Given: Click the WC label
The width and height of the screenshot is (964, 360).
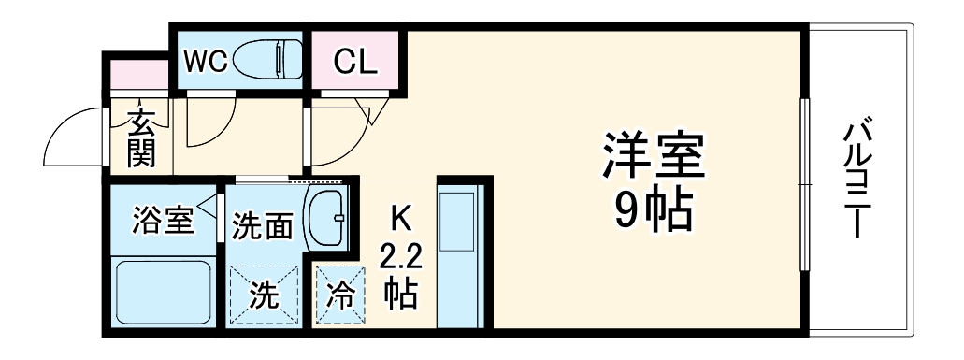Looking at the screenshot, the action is point(205,61).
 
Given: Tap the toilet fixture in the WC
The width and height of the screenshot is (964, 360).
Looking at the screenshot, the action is point(266,62).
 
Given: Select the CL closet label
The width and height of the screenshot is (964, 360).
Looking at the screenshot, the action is point(355,62).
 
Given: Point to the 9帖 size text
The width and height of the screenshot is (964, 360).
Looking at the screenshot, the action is point(654,212).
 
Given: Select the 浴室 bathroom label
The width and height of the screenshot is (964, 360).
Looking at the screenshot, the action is point(163,222).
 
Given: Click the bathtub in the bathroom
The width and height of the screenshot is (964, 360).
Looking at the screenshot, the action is point(163,292).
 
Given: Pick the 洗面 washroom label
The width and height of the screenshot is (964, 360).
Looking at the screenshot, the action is point(264,225).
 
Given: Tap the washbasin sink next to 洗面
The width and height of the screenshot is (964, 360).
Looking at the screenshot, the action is point(326,216).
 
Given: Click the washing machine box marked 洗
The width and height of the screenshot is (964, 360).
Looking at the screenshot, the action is point(264,295).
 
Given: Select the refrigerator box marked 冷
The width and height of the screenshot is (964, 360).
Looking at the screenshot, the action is point(340,295).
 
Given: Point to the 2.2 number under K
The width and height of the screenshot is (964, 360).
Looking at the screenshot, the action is point(400,255).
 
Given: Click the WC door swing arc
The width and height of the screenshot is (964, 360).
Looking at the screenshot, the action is point(208,126).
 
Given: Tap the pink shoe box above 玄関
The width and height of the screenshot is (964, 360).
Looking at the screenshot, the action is point(137,75).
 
